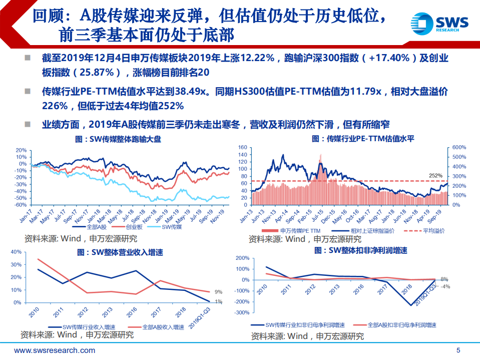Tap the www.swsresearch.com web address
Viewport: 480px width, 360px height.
[x=55, y=350]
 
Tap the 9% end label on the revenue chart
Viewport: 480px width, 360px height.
[x=218, y=292]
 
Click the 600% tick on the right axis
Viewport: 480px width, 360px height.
[x=459, y=148]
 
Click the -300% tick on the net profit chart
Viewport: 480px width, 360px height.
[x=242, y=312]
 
